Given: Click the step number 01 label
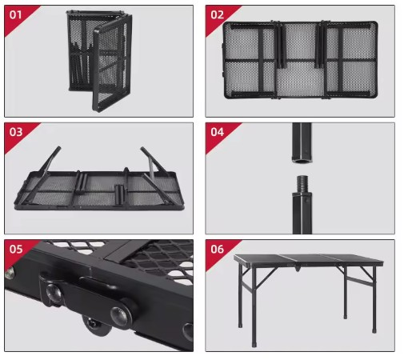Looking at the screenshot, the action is pos(15,14).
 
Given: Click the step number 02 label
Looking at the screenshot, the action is pos(217,14).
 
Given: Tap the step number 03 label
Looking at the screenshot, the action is pos(16,132).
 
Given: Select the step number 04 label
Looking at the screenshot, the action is pos(217,132).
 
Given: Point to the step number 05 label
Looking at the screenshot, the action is pos(16,249).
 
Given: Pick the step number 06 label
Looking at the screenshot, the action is pos(217,249).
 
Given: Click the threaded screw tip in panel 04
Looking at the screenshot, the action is pos(302,183).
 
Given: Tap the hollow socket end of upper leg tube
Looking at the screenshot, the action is pos(302,161).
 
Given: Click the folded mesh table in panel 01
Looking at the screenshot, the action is pos(99,61).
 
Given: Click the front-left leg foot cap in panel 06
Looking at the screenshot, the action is pos(254,344).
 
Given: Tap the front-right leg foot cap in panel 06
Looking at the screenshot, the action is pos(374,330).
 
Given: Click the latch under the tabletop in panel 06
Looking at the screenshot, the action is pos(298,267).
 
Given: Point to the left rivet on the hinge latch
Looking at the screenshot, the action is pos(54,292).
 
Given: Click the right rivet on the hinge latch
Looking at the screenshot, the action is pos(119,314).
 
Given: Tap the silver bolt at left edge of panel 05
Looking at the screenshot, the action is pos(10,274).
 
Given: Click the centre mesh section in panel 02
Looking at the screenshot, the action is pos(300,61).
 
